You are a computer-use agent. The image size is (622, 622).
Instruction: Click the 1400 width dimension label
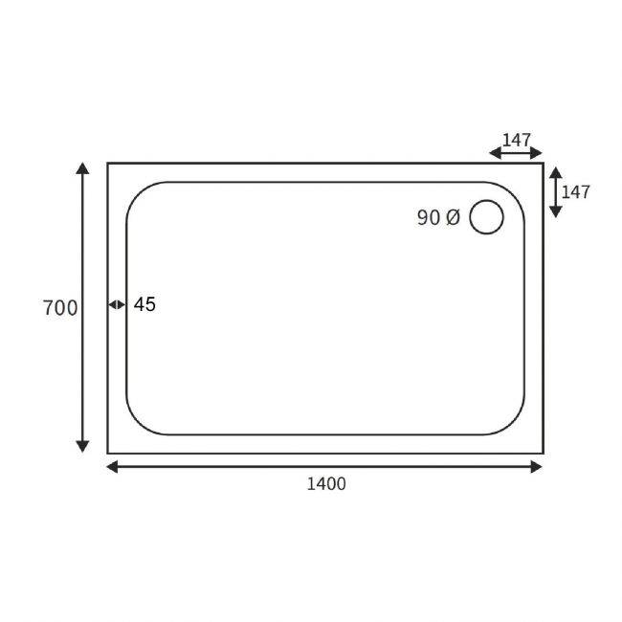(325, 484)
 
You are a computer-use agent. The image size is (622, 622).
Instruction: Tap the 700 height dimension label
(60, 308)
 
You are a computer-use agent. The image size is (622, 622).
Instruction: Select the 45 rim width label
(144, 305)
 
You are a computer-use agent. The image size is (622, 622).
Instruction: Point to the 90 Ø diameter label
(438, 218)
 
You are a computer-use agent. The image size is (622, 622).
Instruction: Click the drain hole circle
(486, 217)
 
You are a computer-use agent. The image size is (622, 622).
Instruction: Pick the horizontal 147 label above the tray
(517, 141)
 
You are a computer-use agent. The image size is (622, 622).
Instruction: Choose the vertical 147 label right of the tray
(575, 192)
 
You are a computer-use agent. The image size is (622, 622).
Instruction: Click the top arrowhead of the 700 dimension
(83, 169)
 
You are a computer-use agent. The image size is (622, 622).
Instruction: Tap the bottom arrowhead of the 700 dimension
(83, 446)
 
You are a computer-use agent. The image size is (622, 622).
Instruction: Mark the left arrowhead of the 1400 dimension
(112, 467)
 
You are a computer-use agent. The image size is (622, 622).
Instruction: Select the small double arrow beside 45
(117, 305)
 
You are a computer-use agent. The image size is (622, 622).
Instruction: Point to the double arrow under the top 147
(516, 153)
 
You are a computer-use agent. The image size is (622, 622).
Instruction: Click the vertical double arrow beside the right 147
(555, 191)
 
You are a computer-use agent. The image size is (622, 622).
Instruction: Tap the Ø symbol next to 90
(453, 218)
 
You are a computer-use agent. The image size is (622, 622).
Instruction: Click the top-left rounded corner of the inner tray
(136, 191)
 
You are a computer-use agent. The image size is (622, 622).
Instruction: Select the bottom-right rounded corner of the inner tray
(515, 426)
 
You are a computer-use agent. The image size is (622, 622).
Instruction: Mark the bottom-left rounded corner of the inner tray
(136, 426)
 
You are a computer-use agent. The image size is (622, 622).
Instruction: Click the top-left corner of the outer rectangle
(108, 164)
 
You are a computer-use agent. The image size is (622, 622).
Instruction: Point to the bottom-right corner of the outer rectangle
(543, 453)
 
